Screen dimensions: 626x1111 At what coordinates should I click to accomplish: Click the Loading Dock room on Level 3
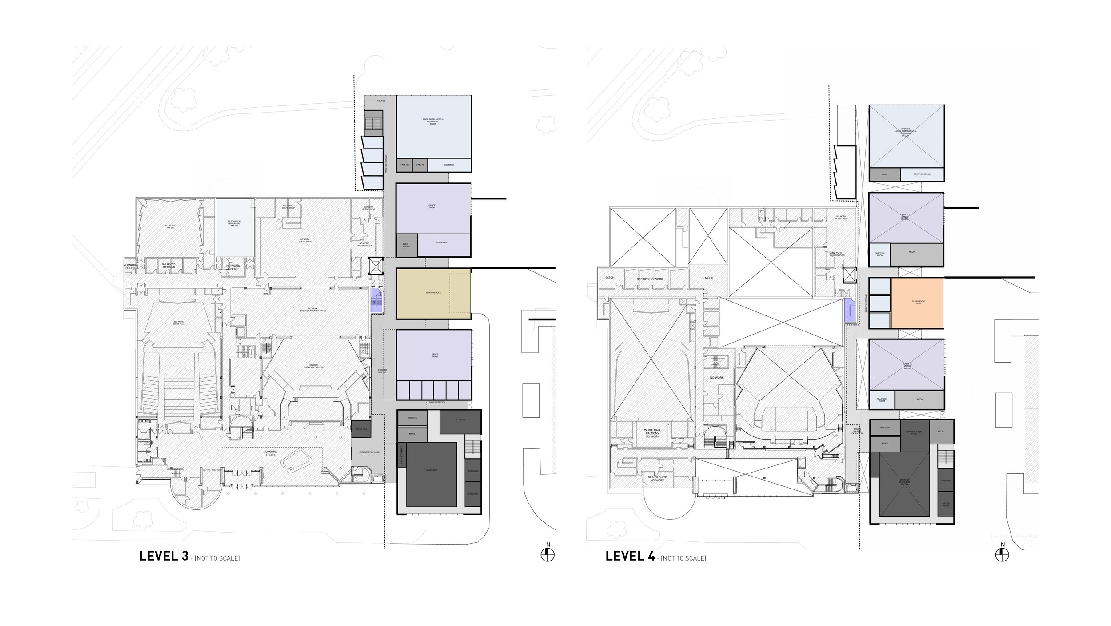click(x=433, y=293)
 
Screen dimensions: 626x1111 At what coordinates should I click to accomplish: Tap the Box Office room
click(x=360, y=429)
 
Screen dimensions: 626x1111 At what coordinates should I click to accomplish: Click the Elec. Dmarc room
click(x=407, y=245)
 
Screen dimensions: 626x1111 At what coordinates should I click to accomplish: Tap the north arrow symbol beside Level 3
click(x=548, y=554)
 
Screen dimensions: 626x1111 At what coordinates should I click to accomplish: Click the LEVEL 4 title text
click(x=630, y=557)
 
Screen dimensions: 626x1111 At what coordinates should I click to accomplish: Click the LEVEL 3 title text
click(x=164, y=557)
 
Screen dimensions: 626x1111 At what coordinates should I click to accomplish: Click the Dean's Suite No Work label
click(x=656, y=479)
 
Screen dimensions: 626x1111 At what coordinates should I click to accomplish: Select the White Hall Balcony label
click(x=652, y=433)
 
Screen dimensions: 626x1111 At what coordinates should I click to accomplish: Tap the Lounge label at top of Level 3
click(x=381, y=101)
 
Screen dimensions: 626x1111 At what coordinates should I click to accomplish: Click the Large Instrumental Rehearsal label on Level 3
click(x=433, y=121)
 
